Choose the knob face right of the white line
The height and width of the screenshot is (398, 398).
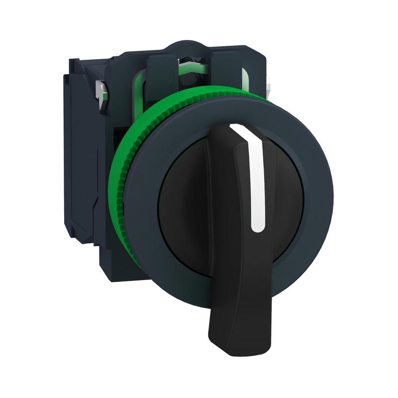284,199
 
